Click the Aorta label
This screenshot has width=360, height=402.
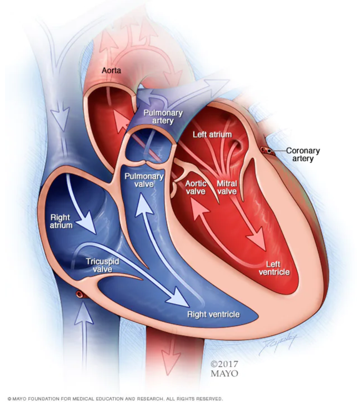111,71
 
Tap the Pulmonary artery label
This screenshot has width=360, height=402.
163,117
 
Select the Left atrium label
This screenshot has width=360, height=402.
212,135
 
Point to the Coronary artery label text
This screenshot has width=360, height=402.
303,155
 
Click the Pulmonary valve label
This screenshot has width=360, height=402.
144,180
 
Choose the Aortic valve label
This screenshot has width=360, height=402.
196,187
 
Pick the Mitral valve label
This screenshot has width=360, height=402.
227,187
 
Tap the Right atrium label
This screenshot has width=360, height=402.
61,221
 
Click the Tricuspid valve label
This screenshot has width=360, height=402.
102,265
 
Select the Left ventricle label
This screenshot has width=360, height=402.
274,269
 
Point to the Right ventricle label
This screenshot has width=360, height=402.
213,314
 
